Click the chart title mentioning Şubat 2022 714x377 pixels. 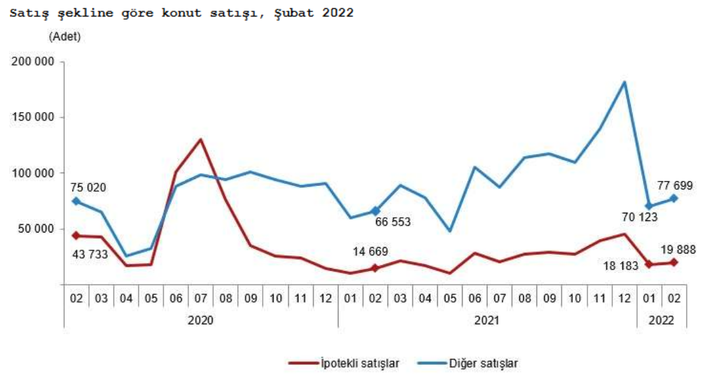[x=181, y=13]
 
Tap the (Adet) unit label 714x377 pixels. [x=64, y=37]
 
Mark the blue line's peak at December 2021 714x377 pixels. [x=624, y=82]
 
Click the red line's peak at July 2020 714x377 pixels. [x=200, y=139]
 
